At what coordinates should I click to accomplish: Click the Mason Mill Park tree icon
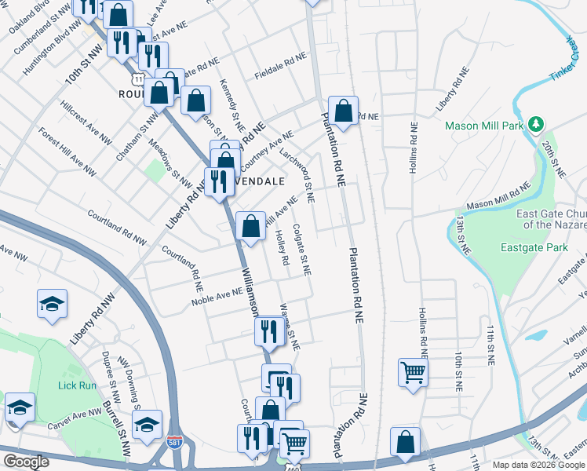tap(537, 125)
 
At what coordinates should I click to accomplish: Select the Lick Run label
tap(76, 385)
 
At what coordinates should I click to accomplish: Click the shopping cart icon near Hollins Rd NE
tap(412, 372)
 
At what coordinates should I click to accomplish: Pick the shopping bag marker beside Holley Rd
tap(250, 227)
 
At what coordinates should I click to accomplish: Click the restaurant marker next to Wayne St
tap(269, 330)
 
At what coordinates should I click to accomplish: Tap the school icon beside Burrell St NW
tap(147, 424)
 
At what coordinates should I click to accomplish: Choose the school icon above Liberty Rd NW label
tap(52, 304)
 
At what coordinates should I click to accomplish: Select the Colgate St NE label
tap(302, 249)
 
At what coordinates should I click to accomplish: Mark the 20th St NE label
tap(553, 159)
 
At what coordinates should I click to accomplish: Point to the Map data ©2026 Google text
tap(538, 464)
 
